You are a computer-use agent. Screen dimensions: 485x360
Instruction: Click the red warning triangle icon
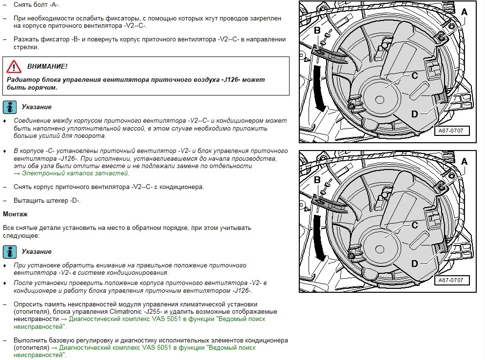pos(14,66)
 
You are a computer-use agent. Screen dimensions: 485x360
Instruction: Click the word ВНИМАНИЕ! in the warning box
pos(47,66)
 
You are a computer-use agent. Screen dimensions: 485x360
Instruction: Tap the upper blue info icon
pos(10,107)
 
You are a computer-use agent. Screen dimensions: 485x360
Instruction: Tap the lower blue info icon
pos(10,252)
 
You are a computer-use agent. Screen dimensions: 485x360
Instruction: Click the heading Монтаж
pos(16,214)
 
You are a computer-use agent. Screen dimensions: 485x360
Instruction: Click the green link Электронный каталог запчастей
pos(71,173)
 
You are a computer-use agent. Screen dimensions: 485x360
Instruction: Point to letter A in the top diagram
pos(464,12)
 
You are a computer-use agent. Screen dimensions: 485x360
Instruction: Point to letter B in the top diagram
pos(317,30)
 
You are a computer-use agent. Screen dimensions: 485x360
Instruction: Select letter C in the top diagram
pos(415,76)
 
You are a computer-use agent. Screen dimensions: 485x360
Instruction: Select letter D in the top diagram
pos(414,114)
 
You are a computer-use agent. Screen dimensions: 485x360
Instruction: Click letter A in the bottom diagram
pos(464,162)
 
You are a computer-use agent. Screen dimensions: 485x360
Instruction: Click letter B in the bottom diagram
pos(317,180)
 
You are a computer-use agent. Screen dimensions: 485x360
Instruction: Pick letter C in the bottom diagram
pos(415,225)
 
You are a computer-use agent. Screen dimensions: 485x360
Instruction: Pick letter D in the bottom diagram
pos(414,264)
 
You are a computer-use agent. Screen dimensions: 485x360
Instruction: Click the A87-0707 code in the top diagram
pos(451,131)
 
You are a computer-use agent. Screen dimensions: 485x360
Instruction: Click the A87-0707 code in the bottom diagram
pos(451,280)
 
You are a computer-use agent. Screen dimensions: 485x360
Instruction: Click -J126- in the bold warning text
pos(231,80)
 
